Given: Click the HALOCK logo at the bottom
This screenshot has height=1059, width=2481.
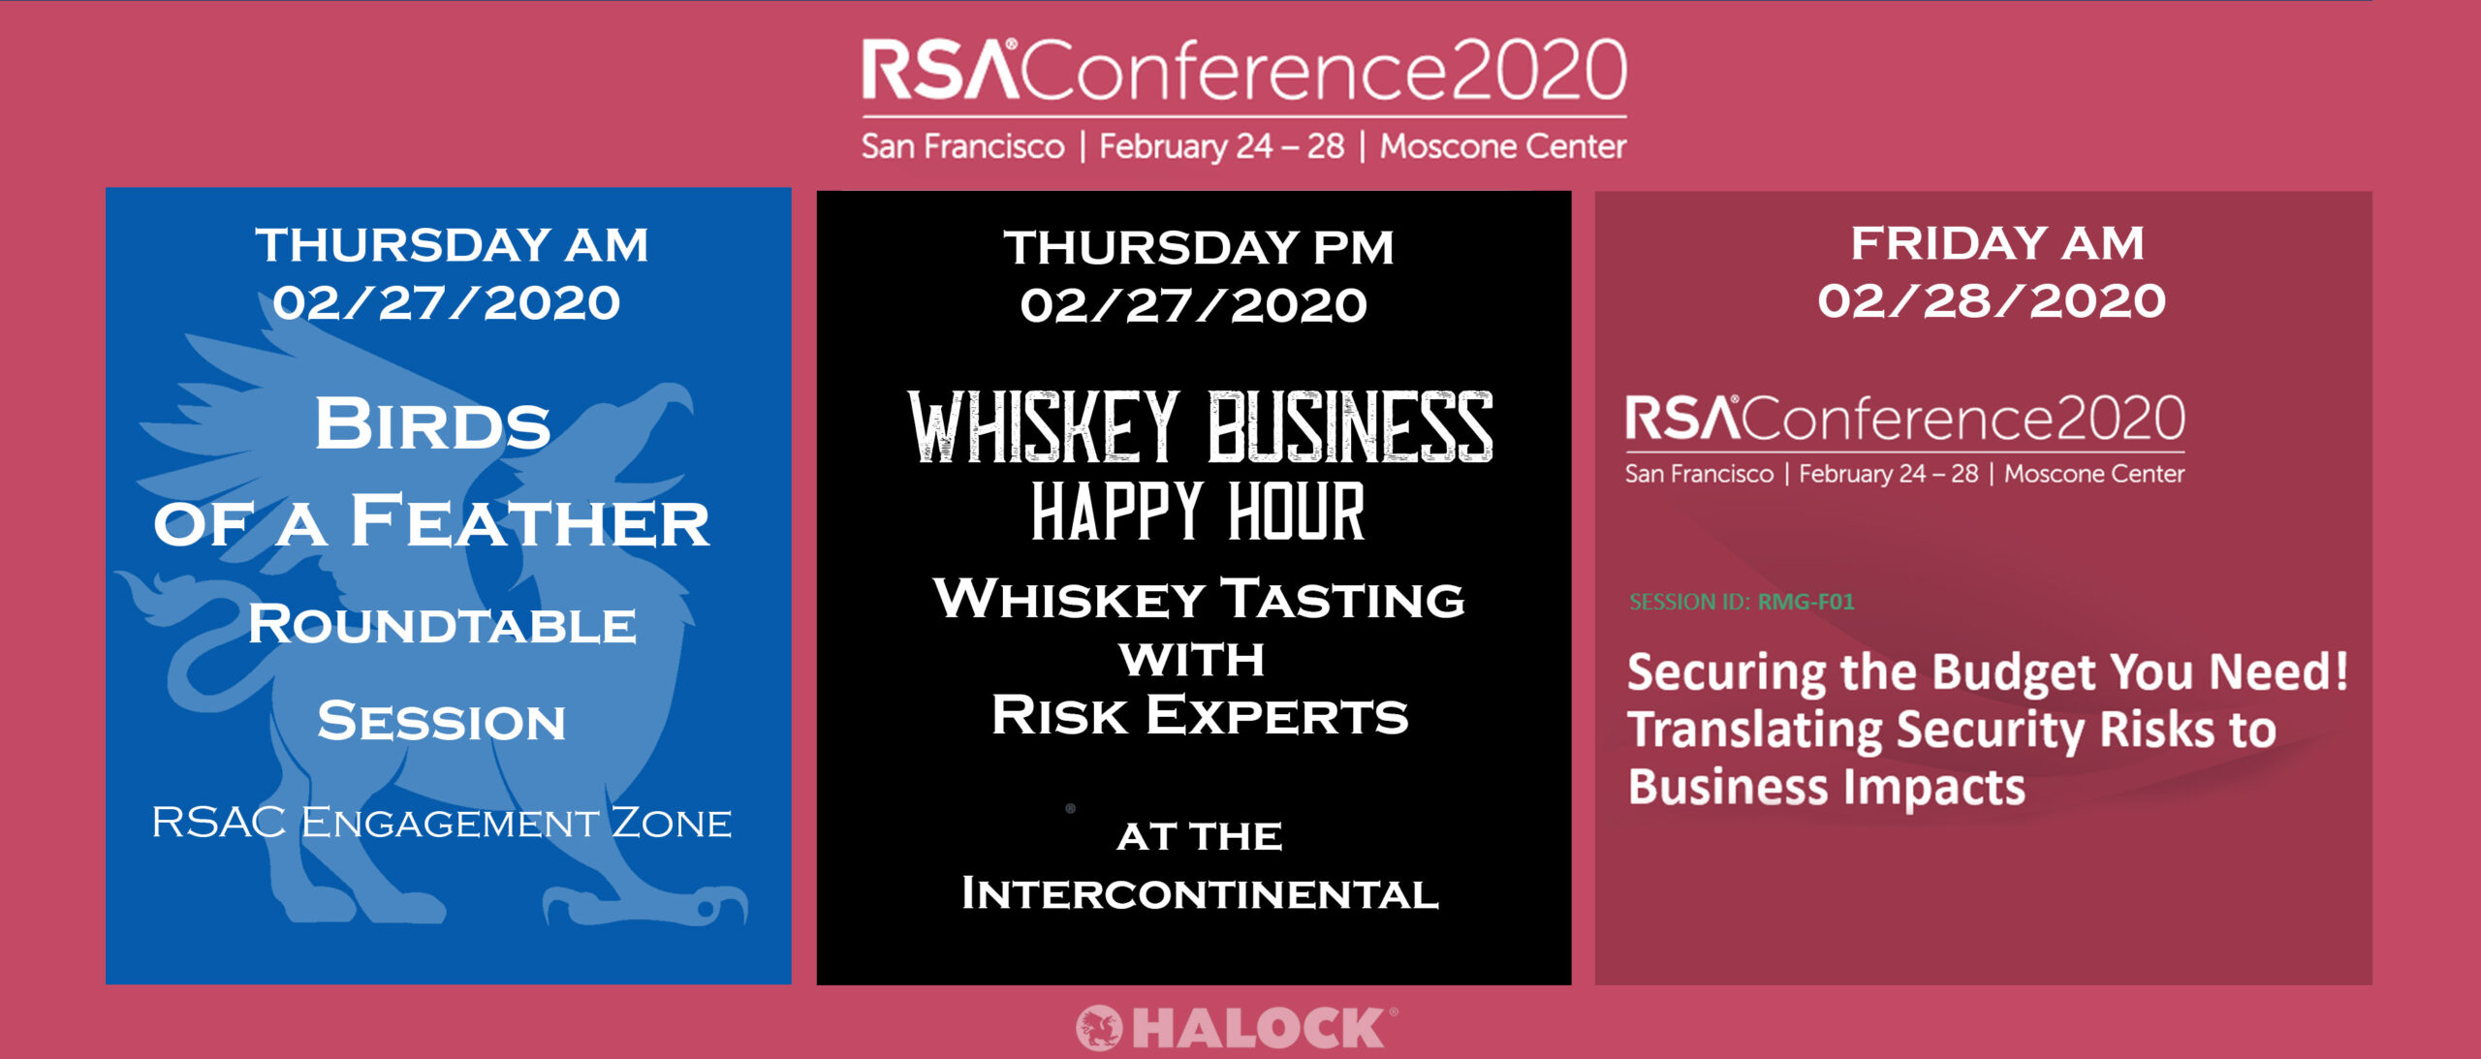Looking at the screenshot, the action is [1237, 1028].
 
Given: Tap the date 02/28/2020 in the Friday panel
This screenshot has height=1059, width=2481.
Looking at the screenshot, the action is [1992, 300].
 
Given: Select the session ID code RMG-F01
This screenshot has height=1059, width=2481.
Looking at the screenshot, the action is [1806, 602].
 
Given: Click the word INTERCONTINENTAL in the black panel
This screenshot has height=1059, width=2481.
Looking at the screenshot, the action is [1200, 893].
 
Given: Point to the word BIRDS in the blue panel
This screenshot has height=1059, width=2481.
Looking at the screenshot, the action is [432, 424].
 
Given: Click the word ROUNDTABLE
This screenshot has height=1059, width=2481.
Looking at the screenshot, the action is [442, 624].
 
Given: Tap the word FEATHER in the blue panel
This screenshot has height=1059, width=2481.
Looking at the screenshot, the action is [529, 521].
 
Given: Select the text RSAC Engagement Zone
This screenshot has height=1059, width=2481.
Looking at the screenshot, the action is [441, 823].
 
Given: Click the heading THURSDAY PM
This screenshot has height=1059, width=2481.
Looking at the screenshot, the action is [1199, 247].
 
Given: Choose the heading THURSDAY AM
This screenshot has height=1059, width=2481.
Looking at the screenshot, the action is [452, 244].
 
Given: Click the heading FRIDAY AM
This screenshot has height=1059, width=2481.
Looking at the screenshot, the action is [1997, 242].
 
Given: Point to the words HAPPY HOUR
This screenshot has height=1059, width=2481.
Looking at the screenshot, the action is [1198, 512].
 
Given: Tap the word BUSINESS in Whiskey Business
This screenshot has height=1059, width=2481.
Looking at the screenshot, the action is [1350, 427].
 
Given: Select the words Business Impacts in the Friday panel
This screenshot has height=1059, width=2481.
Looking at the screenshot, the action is [1826, 787].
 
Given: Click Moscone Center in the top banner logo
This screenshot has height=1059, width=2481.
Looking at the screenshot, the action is [1503, 146].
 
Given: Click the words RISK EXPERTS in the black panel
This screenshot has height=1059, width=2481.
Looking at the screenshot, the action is [1200, 715].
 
